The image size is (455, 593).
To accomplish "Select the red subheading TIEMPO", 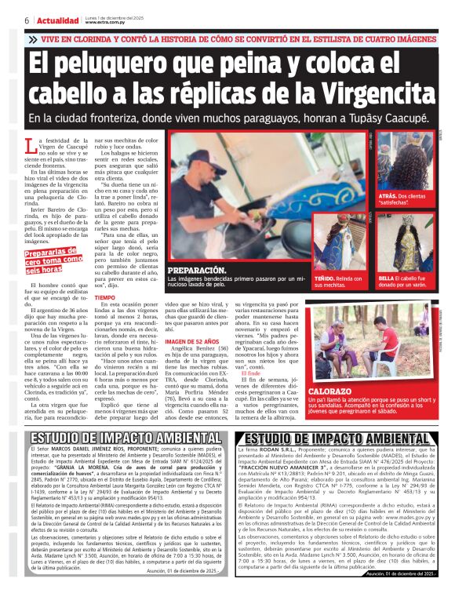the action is tap(103, 298).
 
